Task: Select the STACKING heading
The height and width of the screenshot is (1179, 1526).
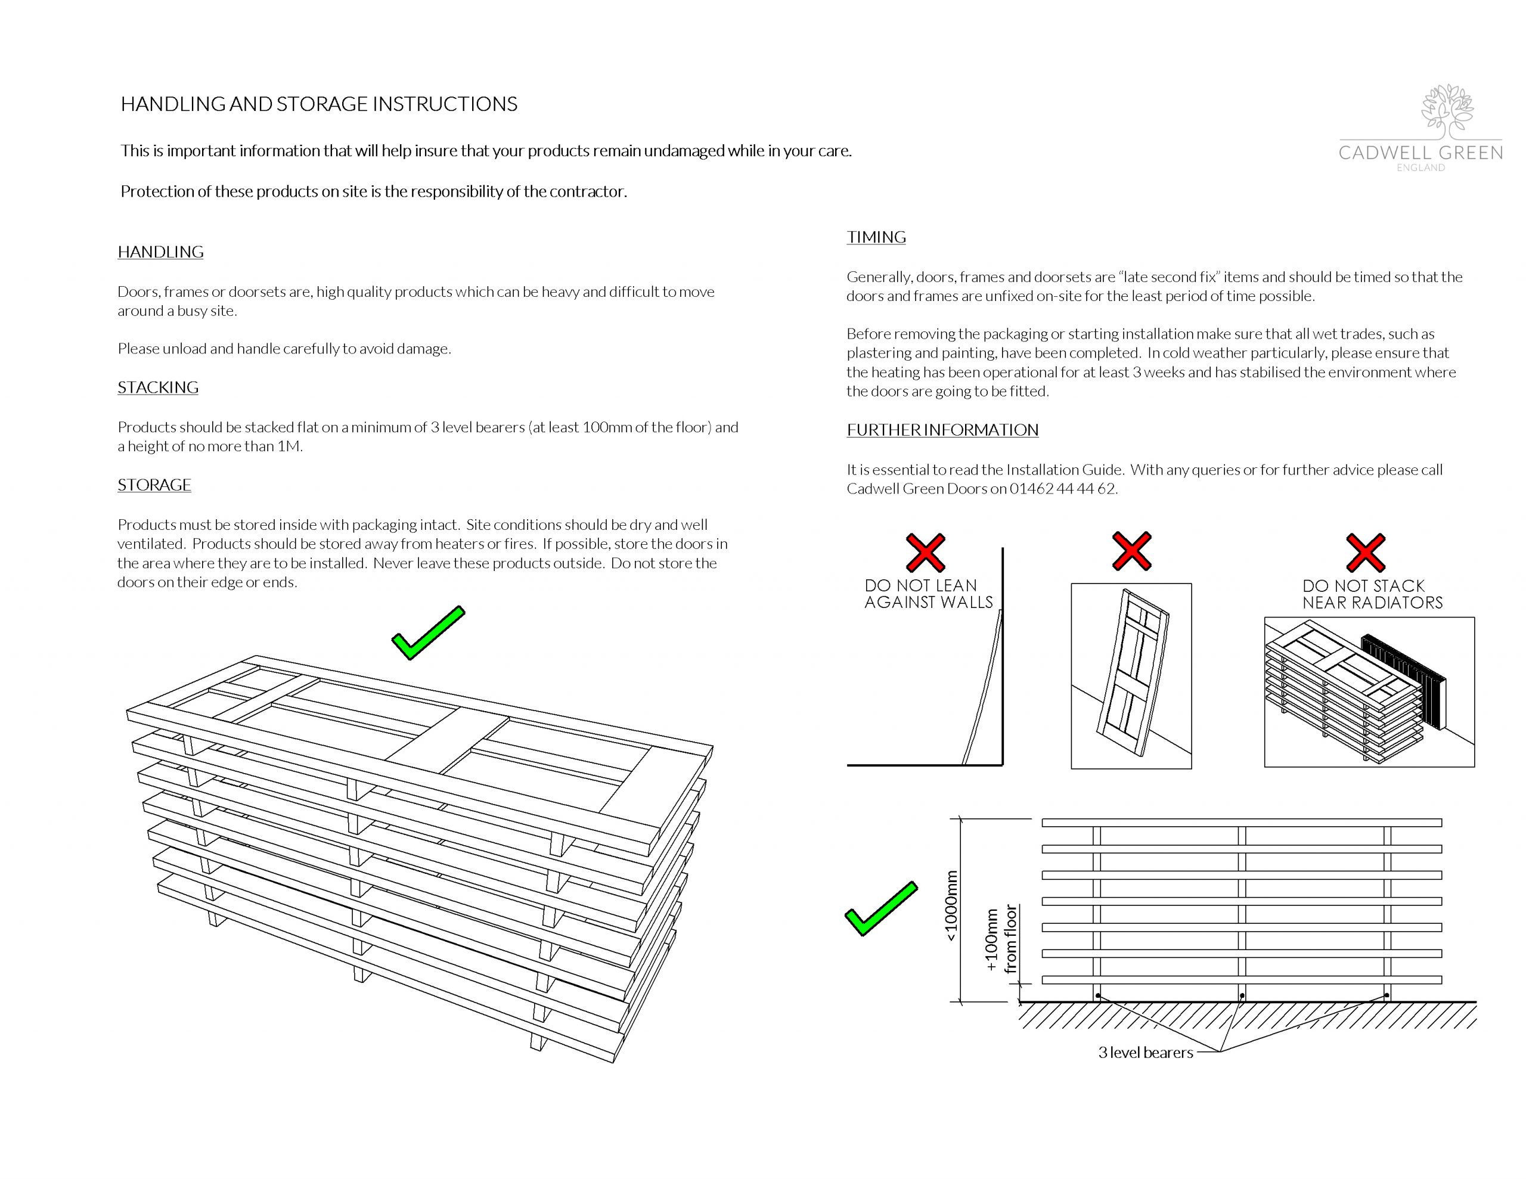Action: pos(158,388)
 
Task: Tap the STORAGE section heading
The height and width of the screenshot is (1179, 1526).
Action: pos(154,485)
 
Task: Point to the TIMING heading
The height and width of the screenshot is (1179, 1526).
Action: pos(876,238)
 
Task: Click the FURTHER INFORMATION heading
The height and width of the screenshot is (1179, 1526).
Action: pos(942,430)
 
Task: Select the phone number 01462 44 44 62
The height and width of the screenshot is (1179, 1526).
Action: pos(1062,489)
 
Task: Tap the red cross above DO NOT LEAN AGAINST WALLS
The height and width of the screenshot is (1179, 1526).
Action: pos(925,552)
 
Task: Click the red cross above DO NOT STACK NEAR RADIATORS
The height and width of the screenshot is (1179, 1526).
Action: pos(1365,552)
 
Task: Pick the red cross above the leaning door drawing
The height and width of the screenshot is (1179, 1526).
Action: pos(1131,551)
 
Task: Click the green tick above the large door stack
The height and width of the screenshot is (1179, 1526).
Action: pos(427,633)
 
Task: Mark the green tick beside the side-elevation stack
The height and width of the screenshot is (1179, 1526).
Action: pos(880,908)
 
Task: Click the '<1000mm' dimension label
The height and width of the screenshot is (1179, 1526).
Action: pos(951,907)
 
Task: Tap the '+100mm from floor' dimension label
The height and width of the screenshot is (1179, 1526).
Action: pos(1001,939)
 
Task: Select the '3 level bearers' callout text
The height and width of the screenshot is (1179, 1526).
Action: pos(1145,1053)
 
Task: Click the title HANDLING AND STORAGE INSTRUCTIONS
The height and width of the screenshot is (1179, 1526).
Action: pos(319,104)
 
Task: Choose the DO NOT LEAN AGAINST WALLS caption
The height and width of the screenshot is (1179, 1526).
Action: pos(928,594)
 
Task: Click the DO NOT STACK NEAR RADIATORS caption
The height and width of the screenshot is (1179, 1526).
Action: pos(1372,594)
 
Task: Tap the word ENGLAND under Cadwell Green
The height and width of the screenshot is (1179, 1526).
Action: pos(1420,167)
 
